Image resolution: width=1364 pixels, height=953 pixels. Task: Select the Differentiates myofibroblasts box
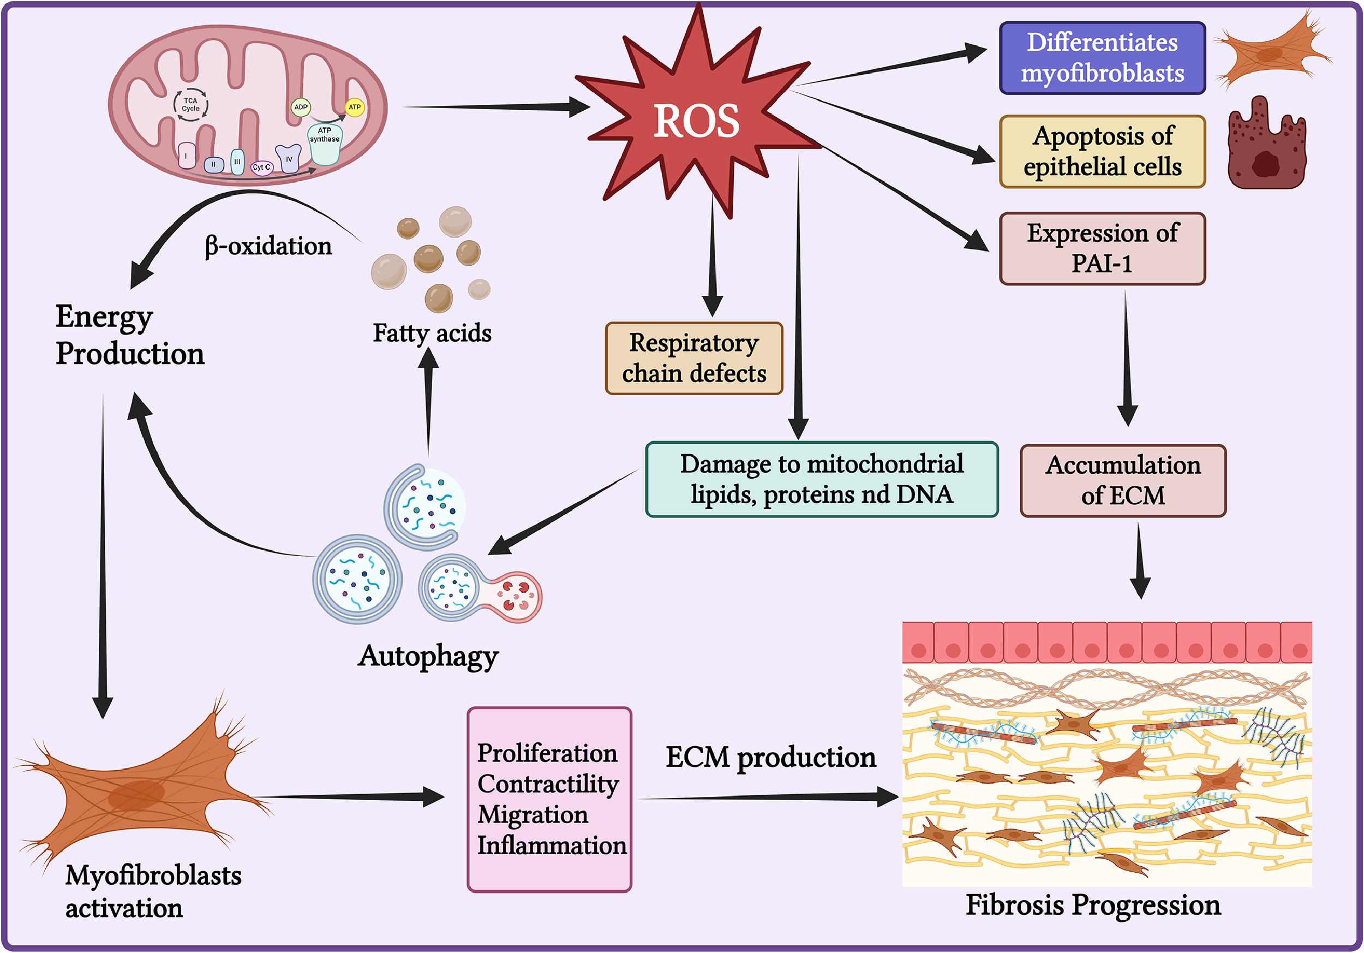pyautogui.click(x=1102, y=58)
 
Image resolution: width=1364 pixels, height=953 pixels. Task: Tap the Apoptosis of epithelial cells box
pyautogui.click(x=1102, y=152)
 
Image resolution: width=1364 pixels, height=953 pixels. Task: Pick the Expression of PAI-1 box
pyautogui.click(x=1102, y=248)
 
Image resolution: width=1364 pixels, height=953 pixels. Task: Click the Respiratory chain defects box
pyautogui.click(x=694, y=358)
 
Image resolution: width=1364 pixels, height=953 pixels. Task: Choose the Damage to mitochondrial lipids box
pyautogui.click(x=822, y=479)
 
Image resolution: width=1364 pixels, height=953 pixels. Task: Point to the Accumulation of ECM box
pyautogui.click(x=1123, y=481)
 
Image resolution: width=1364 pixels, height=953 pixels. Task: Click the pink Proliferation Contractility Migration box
pyautogui.click(x=549, y=799)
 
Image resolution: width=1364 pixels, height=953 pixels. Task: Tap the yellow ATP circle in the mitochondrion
pyautogui.click(x=355, y=107)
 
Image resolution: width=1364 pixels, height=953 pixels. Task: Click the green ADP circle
pyautogui.click(x=301, y=107)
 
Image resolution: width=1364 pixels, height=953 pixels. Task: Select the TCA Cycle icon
pyautogui.click(x=191, y=105)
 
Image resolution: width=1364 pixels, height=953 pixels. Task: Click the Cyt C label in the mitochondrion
pyautogui.click(x=261, y=168)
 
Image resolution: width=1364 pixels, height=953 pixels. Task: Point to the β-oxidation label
pyautogui.click(x=268, y=246)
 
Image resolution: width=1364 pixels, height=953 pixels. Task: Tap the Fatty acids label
pyautogui.click(x=432, y=333)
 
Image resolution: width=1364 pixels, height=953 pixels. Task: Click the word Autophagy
pyautogui.click(x=428, y=657)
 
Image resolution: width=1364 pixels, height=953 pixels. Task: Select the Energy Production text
pyautogui.click(x=129, y=336)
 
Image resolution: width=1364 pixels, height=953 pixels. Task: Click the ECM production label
pyautogui.click(x=770, y=758)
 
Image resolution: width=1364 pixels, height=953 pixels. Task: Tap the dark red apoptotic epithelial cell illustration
pyautogui.click(x=1266, y=146)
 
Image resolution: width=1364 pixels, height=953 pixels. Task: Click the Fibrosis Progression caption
pyautogui.click(x=1093, y=906)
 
